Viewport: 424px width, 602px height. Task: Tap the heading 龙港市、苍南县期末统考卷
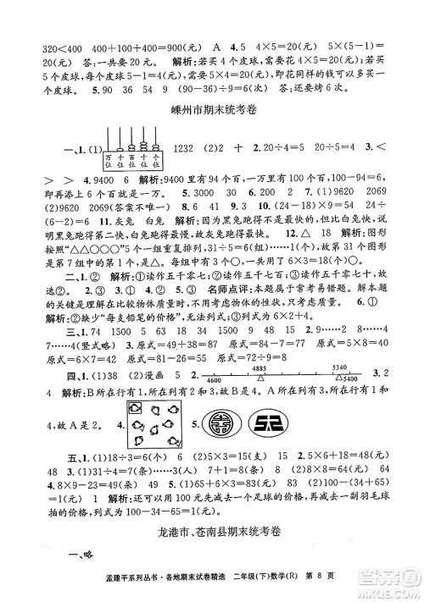pos(213,533)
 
